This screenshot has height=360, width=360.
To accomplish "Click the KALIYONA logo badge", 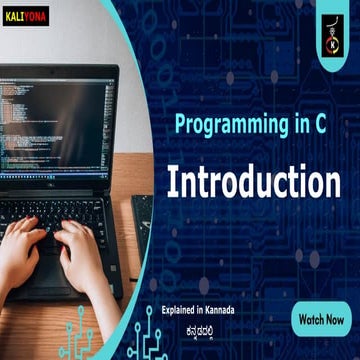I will tap(27, 16).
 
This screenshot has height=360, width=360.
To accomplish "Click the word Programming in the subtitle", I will tap(227, 125).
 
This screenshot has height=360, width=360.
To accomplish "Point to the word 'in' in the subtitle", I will tap(293, 125).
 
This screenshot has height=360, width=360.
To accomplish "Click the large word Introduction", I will tap(254, 181).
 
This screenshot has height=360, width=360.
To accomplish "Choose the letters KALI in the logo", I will tap(18, 16).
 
